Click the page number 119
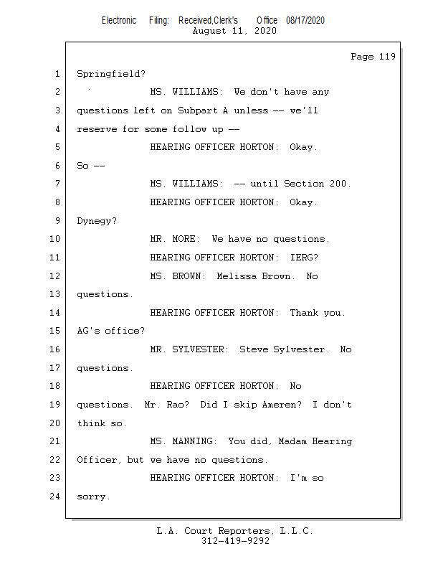click(x=387, y=57)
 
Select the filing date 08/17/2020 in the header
click(x=305, y=21)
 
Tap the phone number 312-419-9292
click(x=235, y=541)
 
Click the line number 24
click(x=54, y=497)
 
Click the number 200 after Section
click(x=338, y=184)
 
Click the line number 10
click(x=54, y=239)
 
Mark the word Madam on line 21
click(x=292, y=441)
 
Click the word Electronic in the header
click(x=119, y=21)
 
